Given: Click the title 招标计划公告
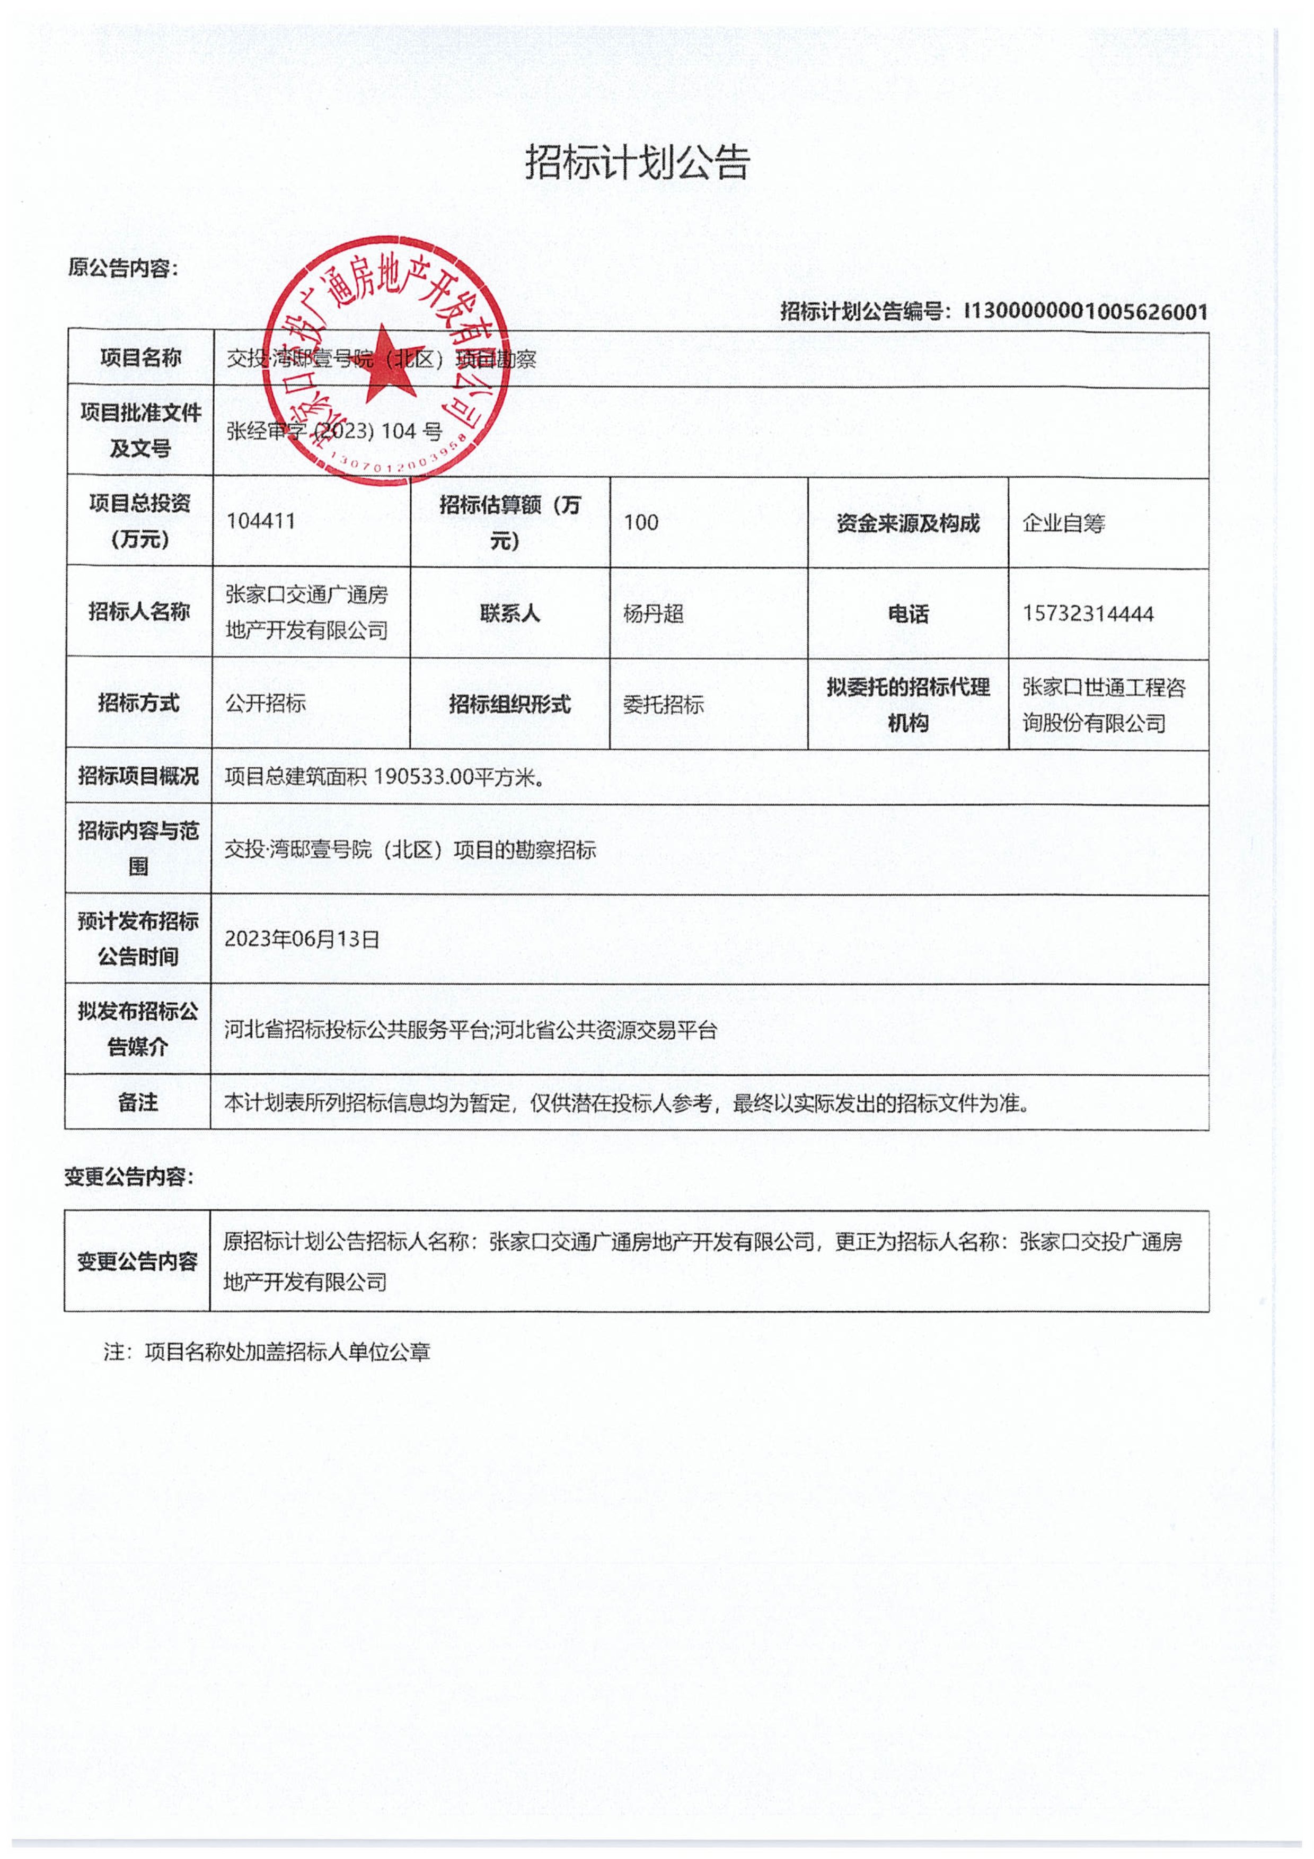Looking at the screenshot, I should coord(638,163).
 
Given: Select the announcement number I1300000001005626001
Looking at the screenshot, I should coord(1085,312).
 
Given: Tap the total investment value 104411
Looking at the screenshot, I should coord(261,521).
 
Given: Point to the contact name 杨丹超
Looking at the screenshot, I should coord(654,613).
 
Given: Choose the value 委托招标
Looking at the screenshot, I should coord(663,704).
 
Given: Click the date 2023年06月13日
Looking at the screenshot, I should coord(302,939).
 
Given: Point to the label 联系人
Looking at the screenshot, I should coord(509,613).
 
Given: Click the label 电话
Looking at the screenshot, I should coord(907,613).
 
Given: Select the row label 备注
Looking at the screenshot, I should coord(138,1102).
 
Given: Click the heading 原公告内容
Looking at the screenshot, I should coord(123,268).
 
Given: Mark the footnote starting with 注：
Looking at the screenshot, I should coord(267,1352).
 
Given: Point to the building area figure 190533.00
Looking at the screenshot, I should coord(424,776).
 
